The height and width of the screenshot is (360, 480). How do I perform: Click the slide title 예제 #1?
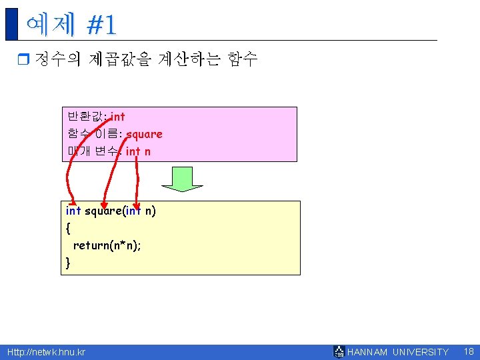click(x=71, y=25)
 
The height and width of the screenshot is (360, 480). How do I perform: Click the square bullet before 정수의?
click(x=24, y=60)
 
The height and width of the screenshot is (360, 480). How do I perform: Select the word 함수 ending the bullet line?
click(x=241, y=59)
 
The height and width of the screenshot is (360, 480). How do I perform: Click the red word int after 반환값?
click(x=117, y=117)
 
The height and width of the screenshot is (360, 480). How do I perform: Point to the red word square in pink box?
click(x=144, y=134)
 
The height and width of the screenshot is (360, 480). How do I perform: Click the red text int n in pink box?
click(x=138, y=151)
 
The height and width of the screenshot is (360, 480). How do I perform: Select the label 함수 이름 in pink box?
click(x=94, y=134)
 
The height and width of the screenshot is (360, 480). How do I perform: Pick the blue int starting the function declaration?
click(x=73, y=211)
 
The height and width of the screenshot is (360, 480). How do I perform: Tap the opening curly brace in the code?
click(x=68, y=228)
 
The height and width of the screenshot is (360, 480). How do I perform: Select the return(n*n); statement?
click(x=107, y=245)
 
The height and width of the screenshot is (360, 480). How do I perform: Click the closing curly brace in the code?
click(x=68, y=263)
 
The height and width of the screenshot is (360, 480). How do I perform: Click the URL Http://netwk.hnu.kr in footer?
click(x=46, y=352)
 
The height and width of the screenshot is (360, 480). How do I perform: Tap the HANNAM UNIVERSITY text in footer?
click(x=399, y=352)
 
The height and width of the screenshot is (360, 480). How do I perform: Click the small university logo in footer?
click(x=339, y=352)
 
